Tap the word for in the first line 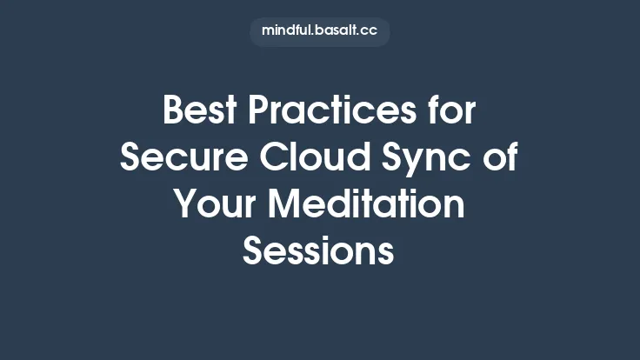449,112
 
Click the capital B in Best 174,112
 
